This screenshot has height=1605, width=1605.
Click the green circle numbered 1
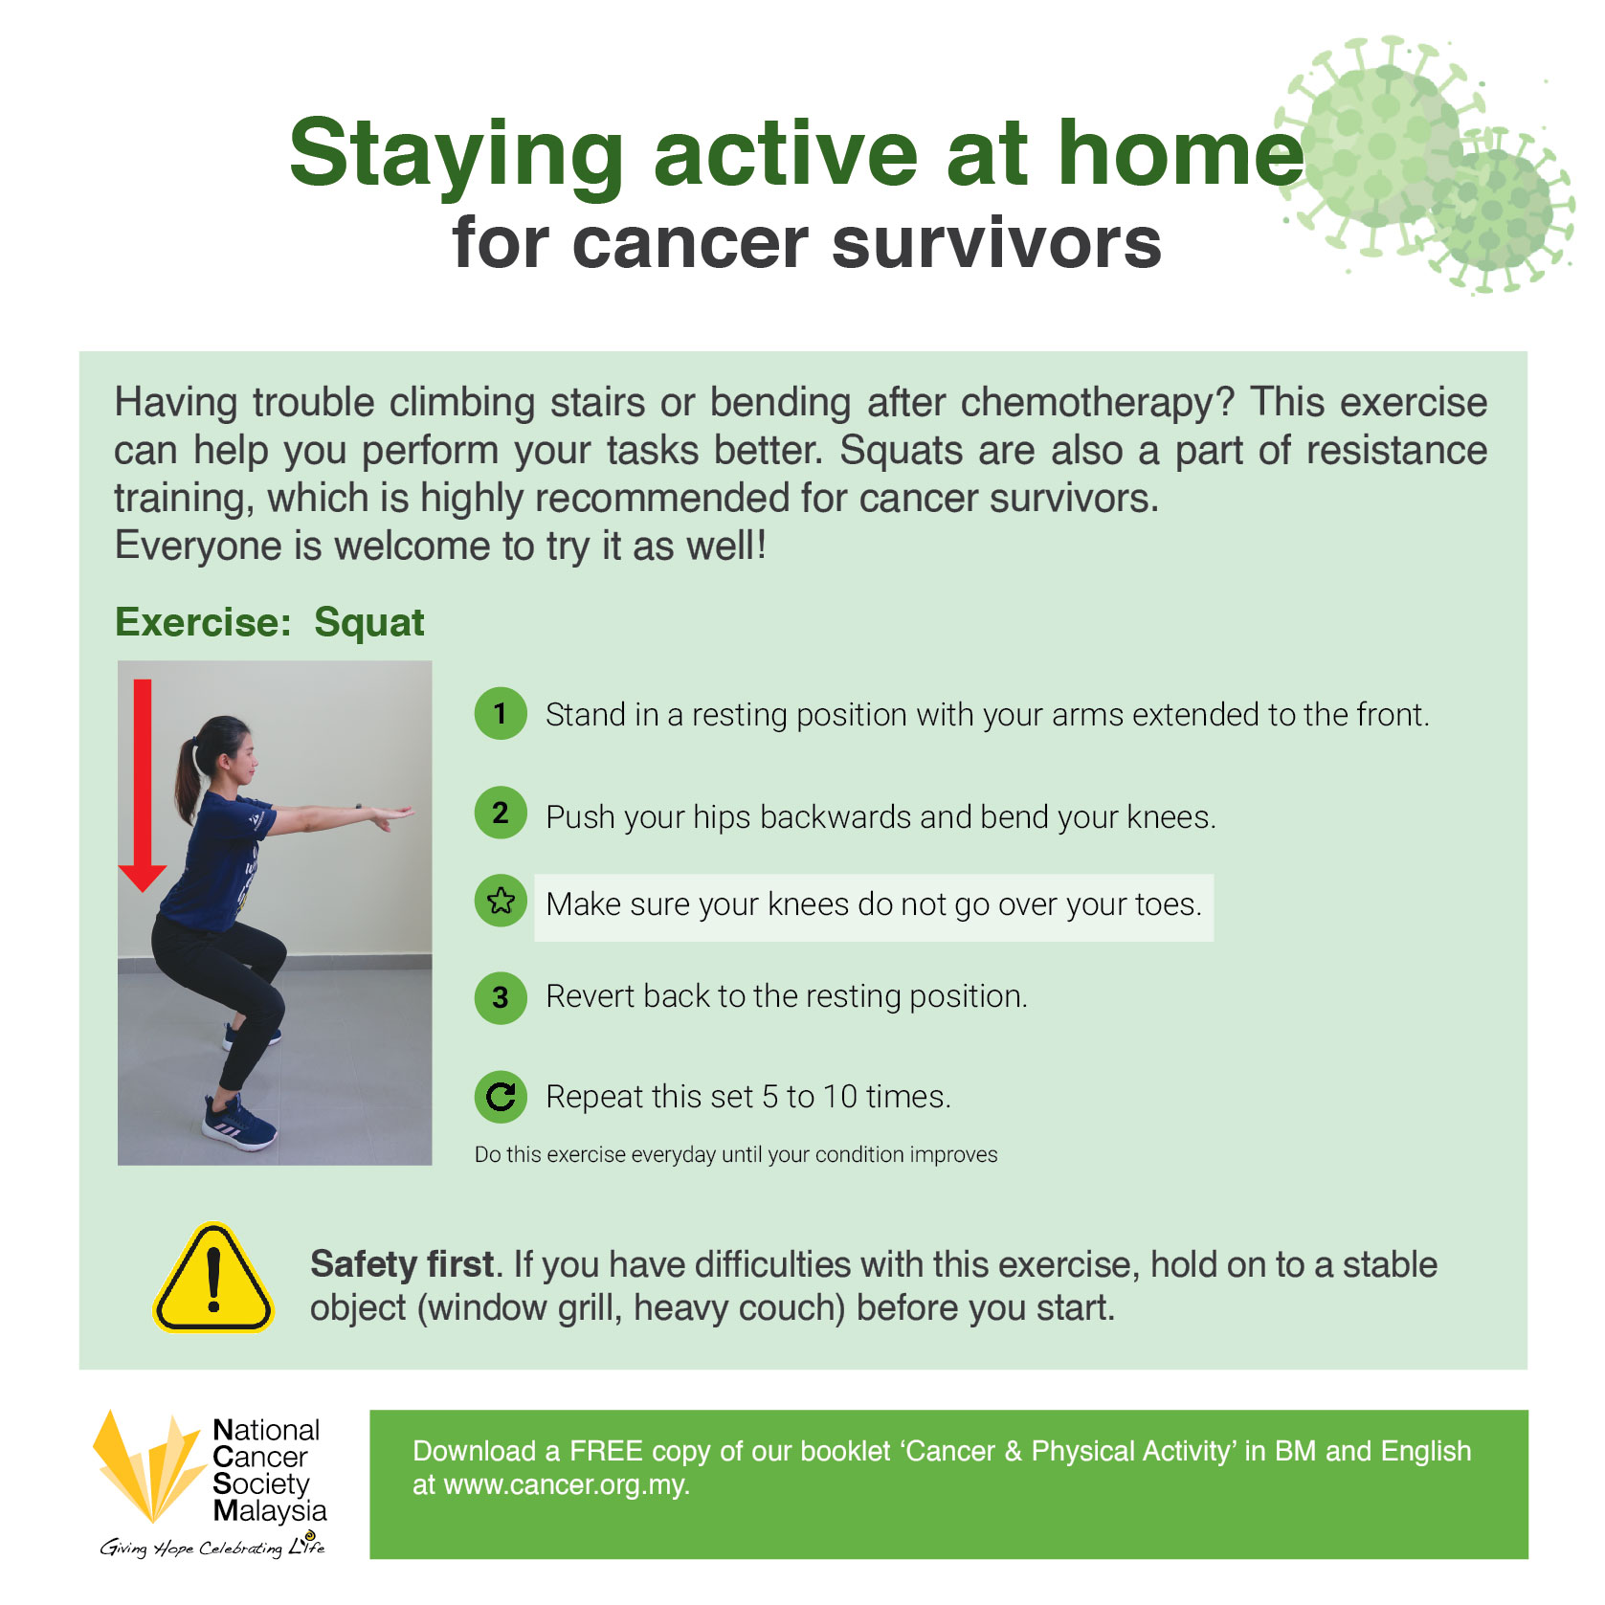[x=501, y=713]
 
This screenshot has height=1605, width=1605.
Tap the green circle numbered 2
[x=501, y=813]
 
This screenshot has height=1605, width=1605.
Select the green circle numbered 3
[x=501, y=997]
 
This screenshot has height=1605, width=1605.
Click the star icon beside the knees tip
[x=501, y=901]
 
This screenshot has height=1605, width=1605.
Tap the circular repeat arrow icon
[x=501, y=1096]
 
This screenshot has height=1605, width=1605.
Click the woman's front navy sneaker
[x=239, y=1119]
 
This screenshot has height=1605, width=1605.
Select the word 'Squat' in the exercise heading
[x=369, y=622]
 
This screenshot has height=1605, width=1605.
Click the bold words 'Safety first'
[x=402, y=1264]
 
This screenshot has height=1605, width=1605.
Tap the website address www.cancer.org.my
[x=566, y=1485]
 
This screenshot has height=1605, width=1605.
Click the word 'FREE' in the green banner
[x=606, y=1451]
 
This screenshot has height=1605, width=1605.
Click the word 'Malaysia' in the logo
[x=270, y=1511]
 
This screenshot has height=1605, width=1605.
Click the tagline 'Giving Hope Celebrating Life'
[x=212, y=1546]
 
